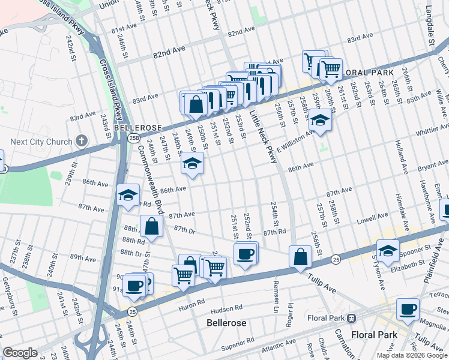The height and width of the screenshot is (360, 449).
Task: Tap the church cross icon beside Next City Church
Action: coord(82,142)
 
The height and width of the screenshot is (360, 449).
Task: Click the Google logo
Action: coord(20,353)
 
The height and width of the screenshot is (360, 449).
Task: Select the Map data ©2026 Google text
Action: coord(412,355)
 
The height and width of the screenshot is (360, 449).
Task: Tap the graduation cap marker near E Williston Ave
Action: coord(321,122)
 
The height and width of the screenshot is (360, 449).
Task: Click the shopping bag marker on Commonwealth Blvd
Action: coord(152,227)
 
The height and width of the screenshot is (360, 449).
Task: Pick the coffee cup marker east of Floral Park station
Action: coord(408,310)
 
